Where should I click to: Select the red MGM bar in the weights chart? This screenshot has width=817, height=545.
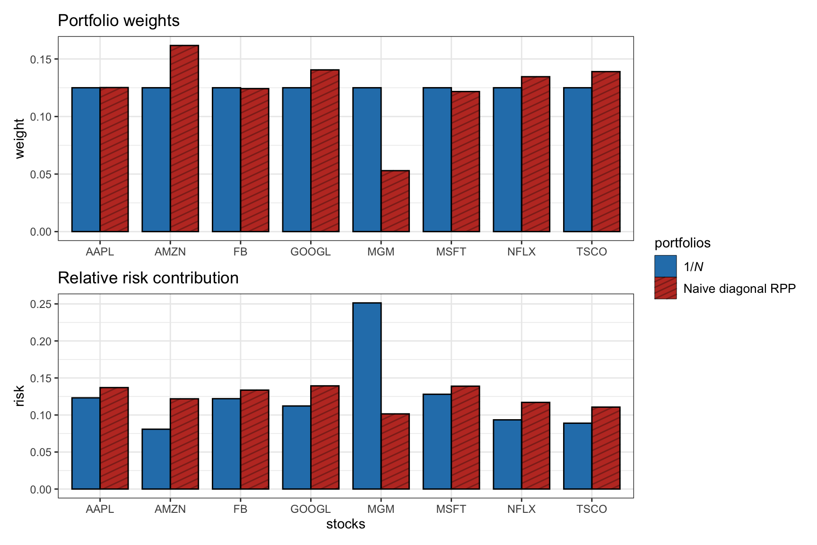pos(395,201)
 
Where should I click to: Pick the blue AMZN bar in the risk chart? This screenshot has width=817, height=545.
pos(156,459)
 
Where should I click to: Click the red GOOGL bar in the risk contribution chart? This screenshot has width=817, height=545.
pos(325,438)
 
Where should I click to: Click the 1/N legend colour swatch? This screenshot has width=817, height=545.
pos(665,266)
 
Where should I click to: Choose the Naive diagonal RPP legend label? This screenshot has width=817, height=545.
pos(739,289)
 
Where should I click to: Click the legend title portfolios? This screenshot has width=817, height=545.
pos(682,243)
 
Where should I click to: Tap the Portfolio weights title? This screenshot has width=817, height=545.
pos(119,21)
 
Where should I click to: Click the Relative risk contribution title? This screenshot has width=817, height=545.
pos(148,278)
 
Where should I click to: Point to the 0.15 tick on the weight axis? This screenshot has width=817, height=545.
pos(41,59)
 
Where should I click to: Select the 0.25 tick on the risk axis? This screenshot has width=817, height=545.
pos(41,304)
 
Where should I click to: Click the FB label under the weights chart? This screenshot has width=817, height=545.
pos(240,252)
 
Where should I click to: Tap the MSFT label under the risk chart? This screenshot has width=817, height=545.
pos(451,509)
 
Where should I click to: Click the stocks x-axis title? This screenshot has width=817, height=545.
pos(346,524)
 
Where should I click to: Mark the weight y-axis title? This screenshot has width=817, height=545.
pos(19,139)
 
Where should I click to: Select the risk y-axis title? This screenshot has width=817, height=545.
pos(19,396)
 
